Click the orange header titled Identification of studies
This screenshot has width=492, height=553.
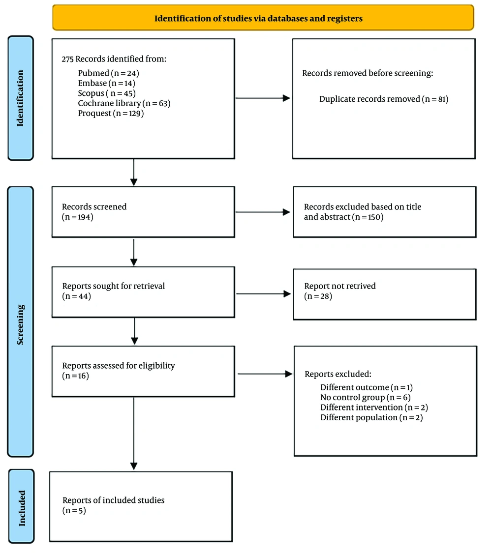[x=263, y=18]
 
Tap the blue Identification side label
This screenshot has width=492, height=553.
[x=21, y=98]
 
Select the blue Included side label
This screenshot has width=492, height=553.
[x=22, y=506]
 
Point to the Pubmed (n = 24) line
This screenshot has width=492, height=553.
[x=108, y=73]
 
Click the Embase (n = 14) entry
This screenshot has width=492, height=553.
[x=106, y=83]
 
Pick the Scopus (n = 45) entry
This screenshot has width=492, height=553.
[x=107, y=93]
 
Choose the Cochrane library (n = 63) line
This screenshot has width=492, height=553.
[x=124, y=103]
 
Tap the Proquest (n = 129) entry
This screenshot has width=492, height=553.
[x=111, y=113]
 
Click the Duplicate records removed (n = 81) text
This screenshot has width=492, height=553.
[x=384, y=99]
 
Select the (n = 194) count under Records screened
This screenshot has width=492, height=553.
[x=78, y=217]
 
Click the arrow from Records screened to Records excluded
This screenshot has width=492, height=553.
[x=263, y=212]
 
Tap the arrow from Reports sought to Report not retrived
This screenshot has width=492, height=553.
[x=263, y=294]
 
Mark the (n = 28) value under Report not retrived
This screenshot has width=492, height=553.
[x=318, y=296]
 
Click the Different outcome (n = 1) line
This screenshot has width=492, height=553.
[x=367, y=387]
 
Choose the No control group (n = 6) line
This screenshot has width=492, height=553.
[x=365, y=398]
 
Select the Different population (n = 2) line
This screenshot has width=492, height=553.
[x=371, y=417]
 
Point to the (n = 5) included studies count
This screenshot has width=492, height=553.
[x=74, y=510]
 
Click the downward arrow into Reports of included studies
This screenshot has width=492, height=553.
[x=134, y=434]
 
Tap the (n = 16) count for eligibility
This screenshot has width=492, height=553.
[x=76, y=376]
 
